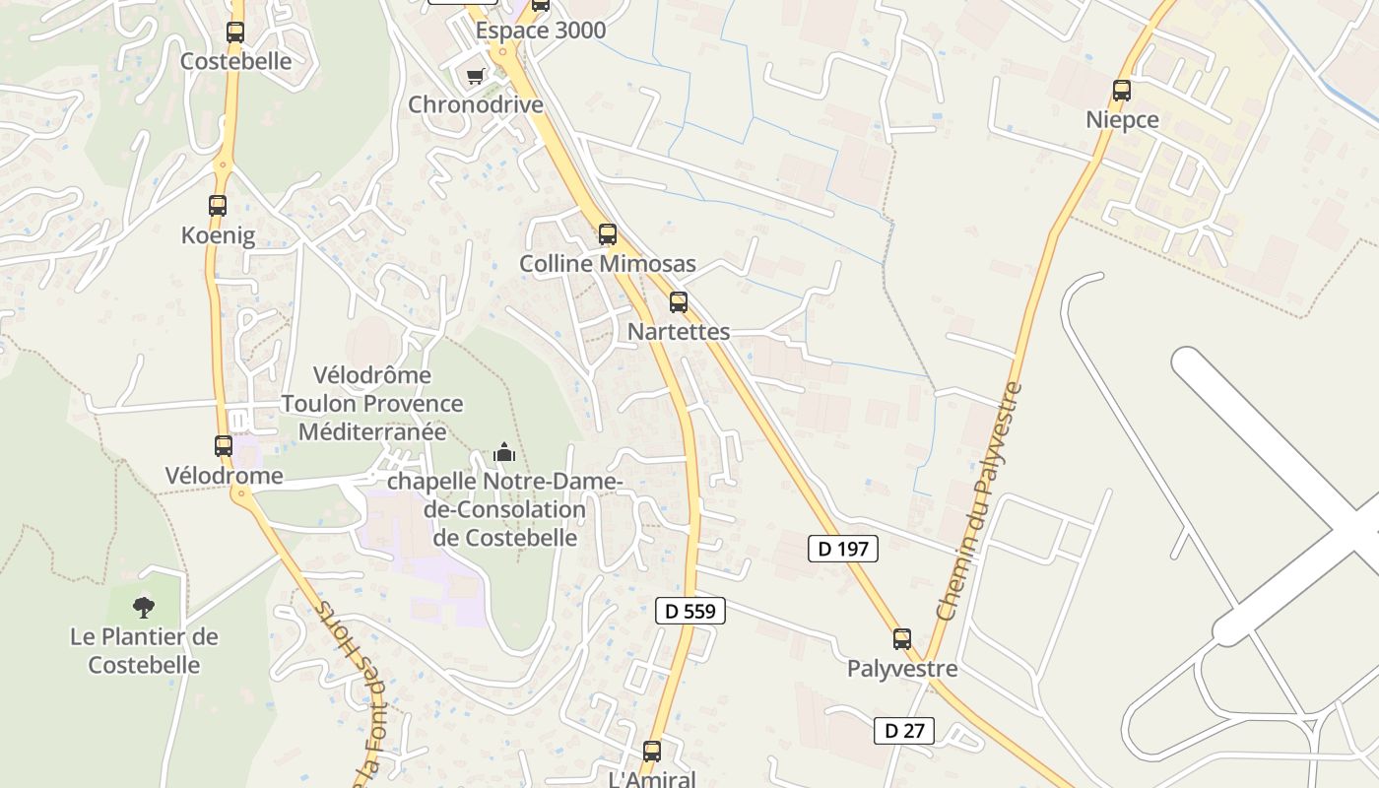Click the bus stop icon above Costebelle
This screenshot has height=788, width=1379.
point(234,32)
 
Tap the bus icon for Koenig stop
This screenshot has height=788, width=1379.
point(218,206)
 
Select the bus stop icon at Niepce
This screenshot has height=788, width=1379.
point(1121,91)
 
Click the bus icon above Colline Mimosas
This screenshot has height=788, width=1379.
point(608,234)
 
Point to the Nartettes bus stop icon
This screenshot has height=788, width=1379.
point(679,302)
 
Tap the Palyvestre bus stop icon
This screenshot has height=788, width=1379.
point(902,639)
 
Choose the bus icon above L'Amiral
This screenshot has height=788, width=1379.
point(652,752)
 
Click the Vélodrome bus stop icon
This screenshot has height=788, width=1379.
point(224,446)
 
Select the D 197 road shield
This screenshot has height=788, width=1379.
point(843,549)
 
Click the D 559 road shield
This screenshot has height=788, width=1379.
point(690,611)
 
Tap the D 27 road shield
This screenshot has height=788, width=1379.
point(904,731)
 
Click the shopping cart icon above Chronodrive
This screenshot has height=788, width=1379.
point(476,76)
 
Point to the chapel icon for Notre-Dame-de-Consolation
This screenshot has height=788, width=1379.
point(504,453)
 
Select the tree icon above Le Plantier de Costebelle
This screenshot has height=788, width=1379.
point(144,607)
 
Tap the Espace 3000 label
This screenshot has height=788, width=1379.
point(541,31)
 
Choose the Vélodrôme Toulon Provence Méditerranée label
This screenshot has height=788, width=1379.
point(372,404)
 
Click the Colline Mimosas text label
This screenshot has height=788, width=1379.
point(608,264)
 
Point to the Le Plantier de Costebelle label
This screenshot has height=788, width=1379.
point(144,651)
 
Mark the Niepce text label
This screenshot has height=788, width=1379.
point(1122,120)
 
